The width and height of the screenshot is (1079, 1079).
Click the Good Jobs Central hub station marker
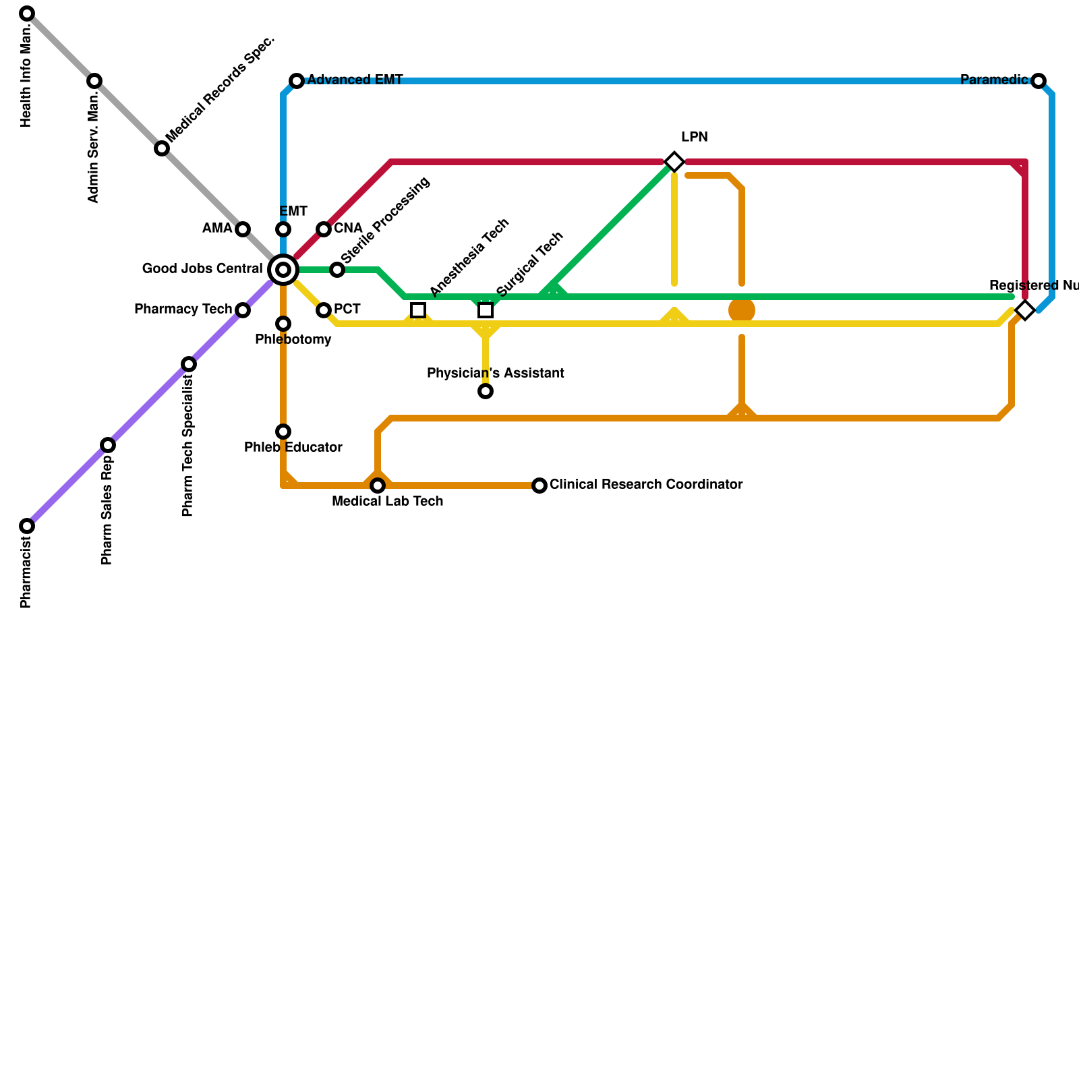click(x=283, y=270)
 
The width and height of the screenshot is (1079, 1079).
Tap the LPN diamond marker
click(x=674, y=162)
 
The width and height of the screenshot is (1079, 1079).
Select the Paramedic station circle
click(x=1039, y=81)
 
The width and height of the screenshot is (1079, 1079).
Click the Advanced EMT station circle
click(x=297, y=81)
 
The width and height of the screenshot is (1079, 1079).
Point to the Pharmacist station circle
click(x=27, y=526)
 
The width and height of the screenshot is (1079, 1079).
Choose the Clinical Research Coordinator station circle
click(x=539, y=486)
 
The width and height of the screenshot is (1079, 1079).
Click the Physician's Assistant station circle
click(x=486, y=391)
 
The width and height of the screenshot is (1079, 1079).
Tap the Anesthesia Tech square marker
click(x=418, y=310)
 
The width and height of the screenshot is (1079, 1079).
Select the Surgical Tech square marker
click(x=486, y=310)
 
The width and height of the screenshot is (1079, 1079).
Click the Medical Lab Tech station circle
click(x=378, y=486)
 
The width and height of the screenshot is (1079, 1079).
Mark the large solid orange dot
click(x=742, y=310)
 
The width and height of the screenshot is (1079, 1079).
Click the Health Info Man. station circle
click(x=27, y=13)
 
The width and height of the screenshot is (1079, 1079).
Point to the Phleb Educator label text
click(x=293, y=448)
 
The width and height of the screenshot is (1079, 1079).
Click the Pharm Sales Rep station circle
click(x=108, y=445)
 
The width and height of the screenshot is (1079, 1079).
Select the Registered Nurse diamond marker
click(x=1025, y=310)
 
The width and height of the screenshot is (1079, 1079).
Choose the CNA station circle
click(x=324, y=229)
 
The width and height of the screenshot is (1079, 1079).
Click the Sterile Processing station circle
click(x=337, y=270)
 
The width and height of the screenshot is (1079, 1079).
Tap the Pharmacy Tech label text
click(x=183, y=310)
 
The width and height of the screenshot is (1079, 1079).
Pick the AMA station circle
click(x=243, y=229)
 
